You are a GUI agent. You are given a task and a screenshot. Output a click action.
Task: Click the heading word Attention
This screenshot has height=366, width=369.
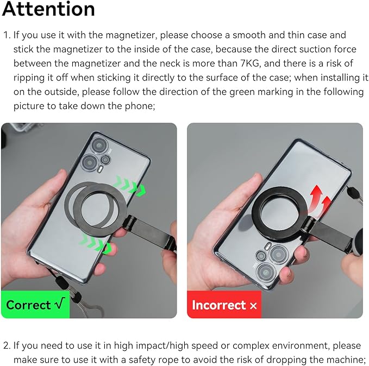(x=48, y=9)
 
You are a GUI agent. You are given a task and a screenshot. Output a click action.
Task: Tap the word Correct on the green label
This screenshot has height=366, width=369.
(x=28, y=305)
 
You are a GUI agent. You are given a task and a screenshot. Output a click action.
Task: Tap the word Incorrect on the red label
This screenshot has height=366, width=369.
(x=219, y=305)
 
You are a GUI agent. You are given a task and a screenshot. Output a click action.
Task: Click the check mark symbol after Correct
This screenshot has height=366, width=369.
(x=60, y=305)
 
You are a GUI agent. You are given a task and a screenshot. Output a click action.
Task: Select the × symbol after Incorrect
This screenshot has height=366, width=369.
(x=253, y=306)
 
